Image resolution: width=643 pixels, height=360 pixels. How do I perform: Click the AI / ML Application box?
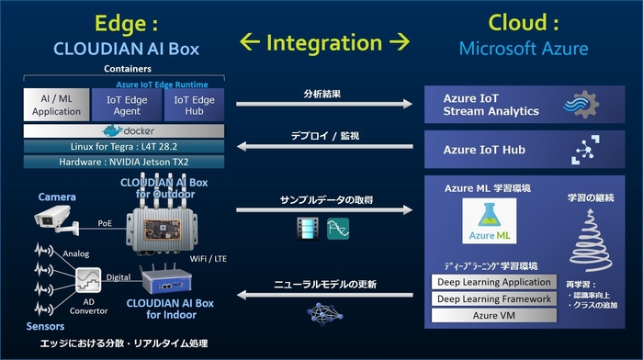click(56, 104)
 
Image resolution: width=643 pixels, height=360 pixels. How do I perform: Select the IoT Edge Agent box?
click(128, 104)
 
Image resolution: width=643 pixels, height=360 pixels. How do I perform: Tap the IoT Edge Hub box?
click(194, 104)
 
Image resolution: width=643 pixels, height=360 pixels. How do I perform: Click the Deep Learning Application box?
click(493, 282)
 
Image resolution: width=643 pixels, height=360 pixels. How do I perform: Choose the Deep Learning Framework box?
click(493, 298)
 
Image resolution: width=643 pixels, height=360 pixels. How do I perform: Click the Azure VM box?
click(493, 315)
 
